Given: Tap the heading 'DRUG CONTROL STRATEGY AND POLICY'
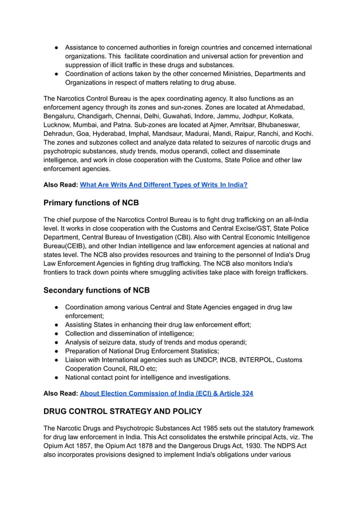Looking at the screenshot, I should coord(122,411).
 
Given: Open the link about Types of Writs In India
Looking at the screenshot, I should coord(164,184).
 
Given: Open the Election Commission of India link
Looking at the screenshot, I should coord(166,393).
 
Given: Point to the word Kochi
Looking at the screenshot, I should coord(302,133).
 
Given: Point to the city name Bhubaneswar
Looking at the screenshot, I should coord(274,125).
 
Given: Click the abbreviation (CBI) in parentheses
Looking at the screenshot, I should coord(196,237).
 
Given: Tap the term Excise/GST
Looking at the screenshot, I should coord(236,228).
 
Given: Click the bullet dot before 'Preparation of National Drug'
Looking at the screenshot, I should coord(57,351).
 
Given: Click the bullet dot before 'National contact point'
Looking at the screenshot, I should coord(57,377).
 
